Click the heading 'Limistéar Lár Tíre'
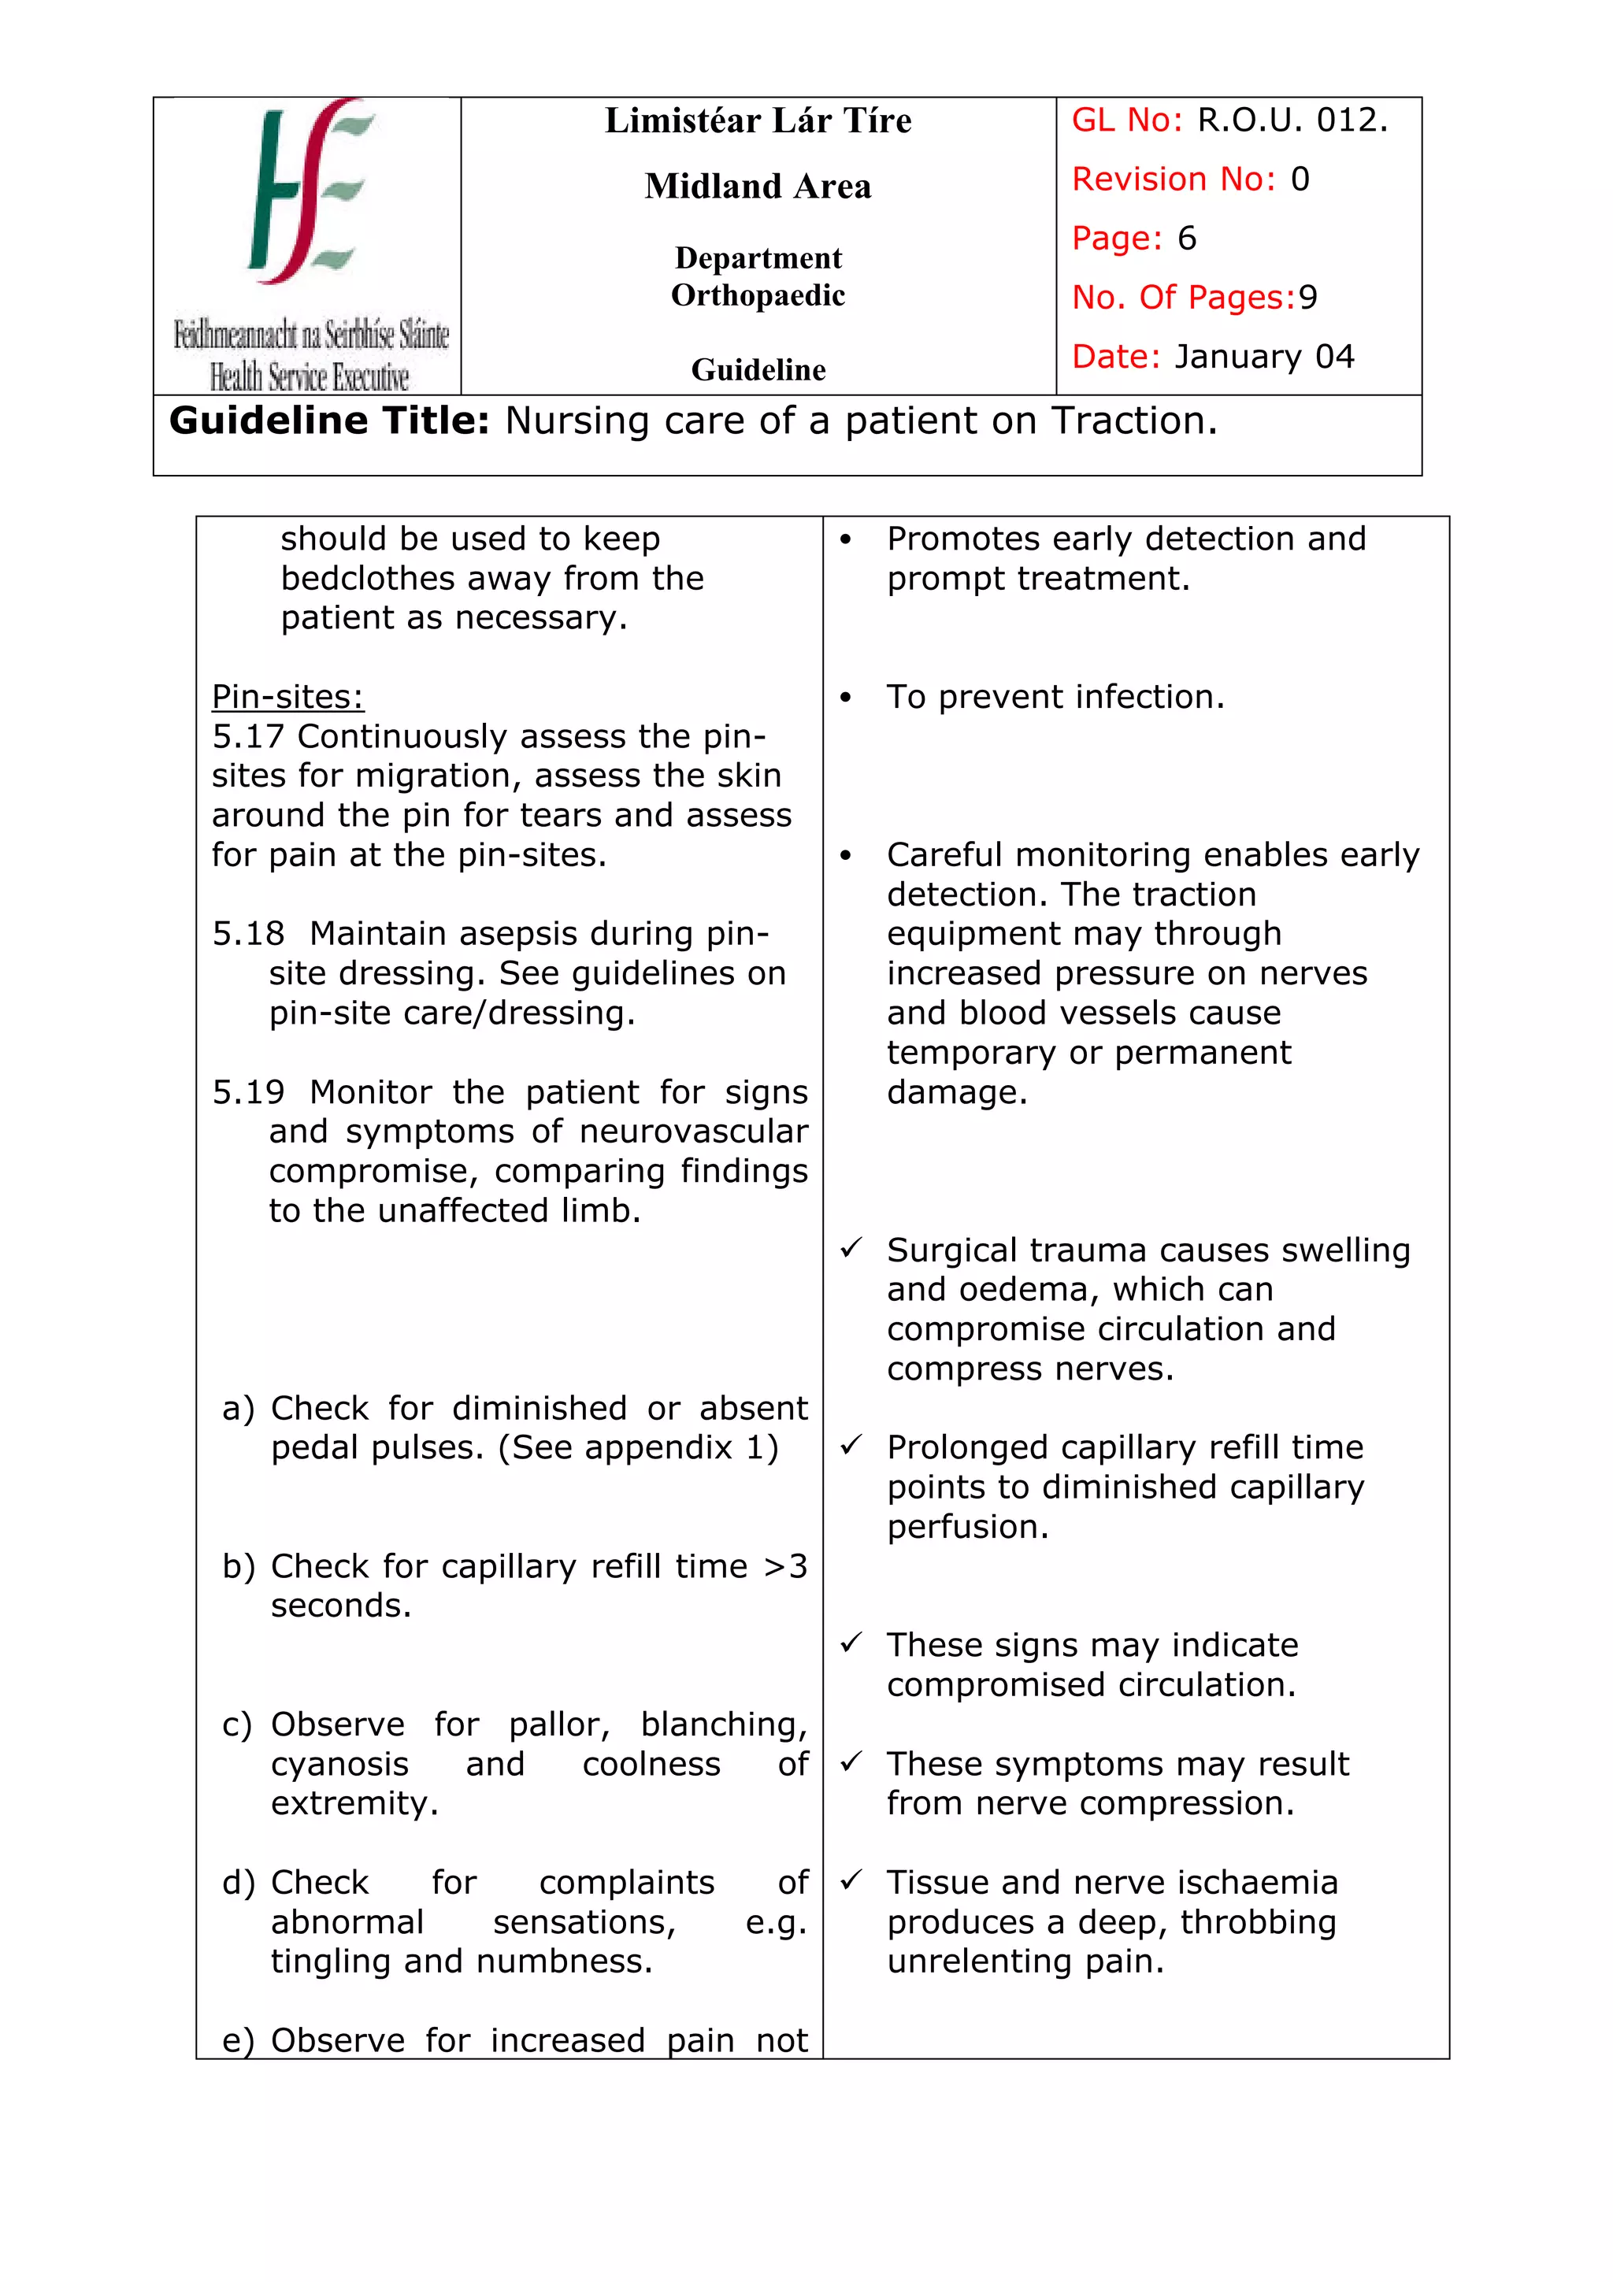pyautogui.click(x=758, y=121)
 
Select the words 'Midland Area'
pyautogui.click(x=758, y=187)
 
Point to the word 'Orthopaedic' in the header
pyautogui.click(x=758, y=295)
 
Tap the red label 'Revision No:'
pyautogui.click(x=1173, y=180)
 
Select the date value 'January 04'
pyautogui.click(x=1263, y=357)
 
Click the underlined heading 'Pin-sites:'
pyautogui.click(x=287, y=697)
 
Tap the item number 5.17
pyautogui.click(x=247, y=736)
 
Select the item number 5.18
pyautogui.click(x=247, y=934)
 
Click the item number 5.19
pyautogui.click(x=247, y=1092)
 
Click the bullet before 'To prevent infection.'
pyautogui.click(x=846, y=698)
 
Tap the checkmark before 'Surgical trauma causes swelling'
pyautogui.click(x=851, y=1248)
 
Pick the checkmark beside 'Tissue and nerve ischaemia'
pyautogui.click(x=851, y=1880)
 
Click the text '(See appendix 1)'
pyautogui.click(x=638, y=1447)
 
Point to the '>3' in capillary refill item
pyautogui.click(x=785, y=1566)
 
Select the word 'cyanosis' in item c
pyautogui.click(x=339, y=1764)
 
